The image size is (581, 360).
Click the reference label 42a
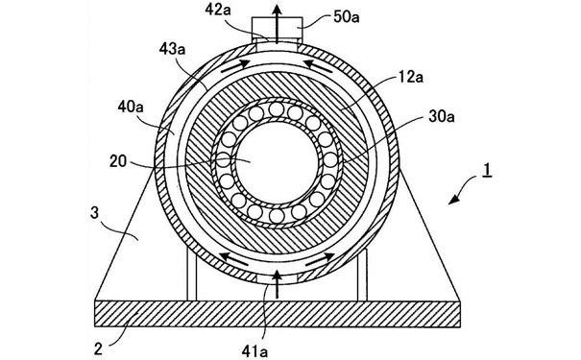point(218,11)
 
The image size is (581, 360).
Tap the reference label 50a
point(347,17)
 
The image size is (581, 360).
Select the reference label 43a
point(172,49)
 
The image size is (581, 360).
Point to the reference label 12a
point(411,78)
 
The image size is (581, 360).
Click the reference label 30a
point(442,116)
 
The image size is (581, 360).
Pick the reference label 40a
point(131,107)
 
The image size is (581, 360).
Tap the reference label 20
point(118,161)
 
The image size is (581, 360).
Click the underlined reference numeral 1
point(488,170)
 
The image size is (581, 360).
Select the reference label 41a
point(254,351)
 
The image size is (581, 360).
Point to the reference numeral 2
point(98,349)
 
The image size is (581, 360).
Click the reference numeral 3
point(95,213)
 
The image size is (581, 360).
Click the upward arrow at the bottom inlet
point(277,284)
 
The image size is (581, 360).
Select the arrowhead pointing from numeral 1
point(454,200)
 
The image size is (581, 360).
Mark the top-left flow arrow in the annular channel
point(235,65)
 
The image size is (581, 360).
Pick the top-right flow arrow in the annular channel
point(318,65)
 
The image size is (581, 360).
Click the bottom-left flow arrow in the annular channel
point(233,258)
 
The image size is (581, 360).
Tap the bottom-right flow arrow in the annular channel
point(320,259)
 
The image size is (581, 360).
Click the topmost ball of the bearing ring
point(276,108)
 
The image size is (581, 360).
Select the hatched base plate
point(278,314)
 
